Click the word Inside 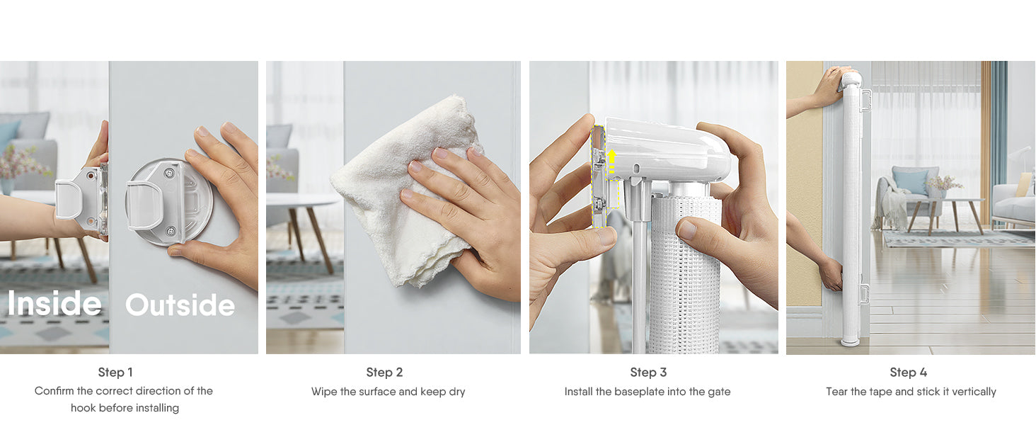[x=54, y=304]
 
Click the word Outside [x=180, y=305]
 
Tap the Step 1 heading [x=115, y=372]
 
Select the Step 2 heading [x=384, y=372]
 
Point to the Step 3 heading [x=648, y=372]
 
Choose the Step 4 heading [x=909, y=372]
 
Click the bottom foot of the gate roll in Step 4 [x=850, y=341]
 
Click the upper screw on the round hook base [x=169, y=173]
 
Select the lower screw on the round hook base [x=170, y=230]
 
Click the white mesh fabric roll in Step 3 [x=684, y=273]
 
